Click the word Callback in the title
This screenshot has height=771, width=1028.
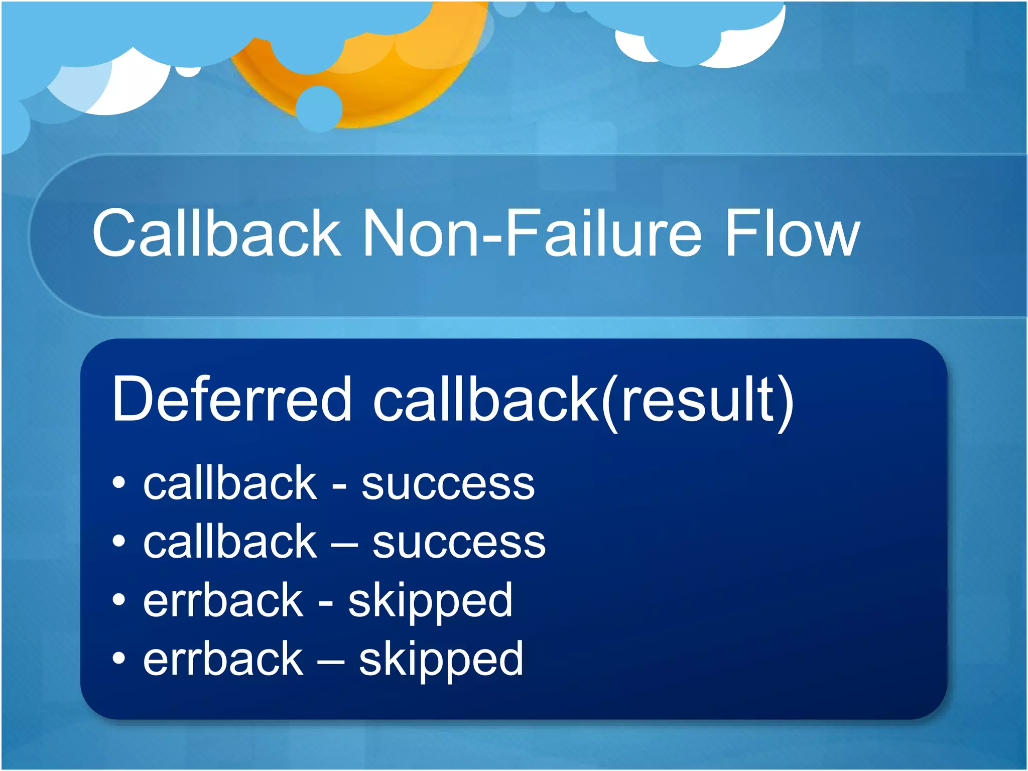coord(216,233)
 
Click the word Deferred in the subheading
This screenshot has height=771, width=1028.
coord(231,400)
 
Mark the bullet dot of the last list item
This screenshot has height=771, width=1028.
coord(118,658)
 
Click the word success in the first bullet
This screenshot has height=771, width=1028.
coord(448,484)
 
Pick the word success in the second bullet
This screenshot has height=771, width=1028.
coord(459,543)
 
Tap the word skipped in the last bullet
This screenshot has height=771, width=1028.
coord(441,661)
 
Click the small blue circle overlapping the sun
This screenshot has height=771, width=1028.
coord(319,108)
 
